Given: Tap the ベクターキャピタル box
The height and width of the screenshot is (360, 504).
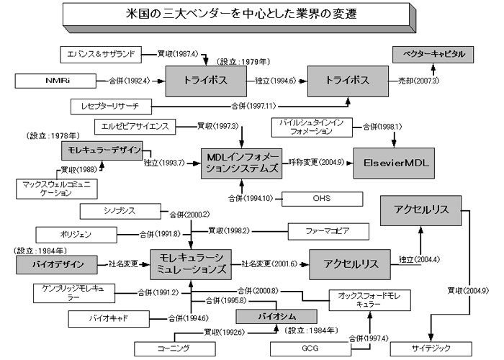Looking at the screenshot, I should (x=433, y=54).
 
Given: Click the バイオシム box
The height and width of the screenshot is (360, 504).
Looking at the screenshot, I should (x=276, y=316).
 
